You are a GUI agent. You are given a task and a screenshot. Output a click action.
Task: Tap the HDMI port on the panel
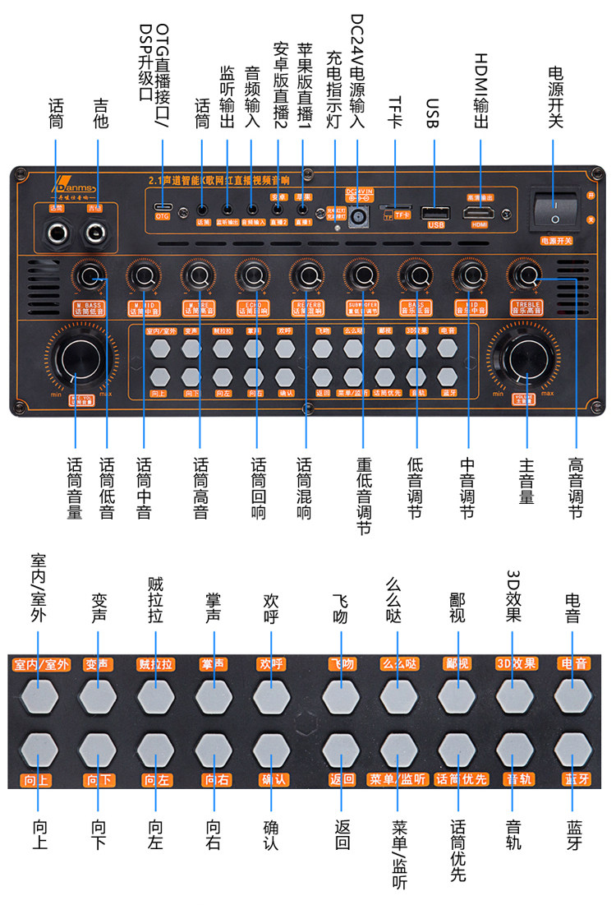[x=479, y=212]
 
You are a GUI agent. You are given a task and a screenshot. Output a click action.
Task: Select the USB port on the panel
[x=434, y=212]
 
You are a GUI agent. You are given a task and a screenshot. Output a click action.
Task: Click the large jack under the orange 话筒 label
[x=57, y=233]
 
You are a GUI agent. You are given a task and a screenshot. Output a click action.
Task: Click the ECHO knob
[x=251, y=275]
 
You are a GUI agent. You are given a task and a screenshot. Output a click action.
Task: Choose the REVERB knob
[x=306, y=275]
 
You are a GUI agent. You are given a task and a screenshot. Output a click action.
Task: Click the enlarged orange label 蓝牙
[x=574, y=778]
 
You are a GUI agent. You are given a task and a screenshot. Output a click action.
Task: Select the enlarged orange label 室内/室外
[x=40, y=663]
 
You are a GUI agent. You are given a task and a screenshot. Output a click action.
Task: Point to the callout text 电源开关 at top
[x=556, y=96]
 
